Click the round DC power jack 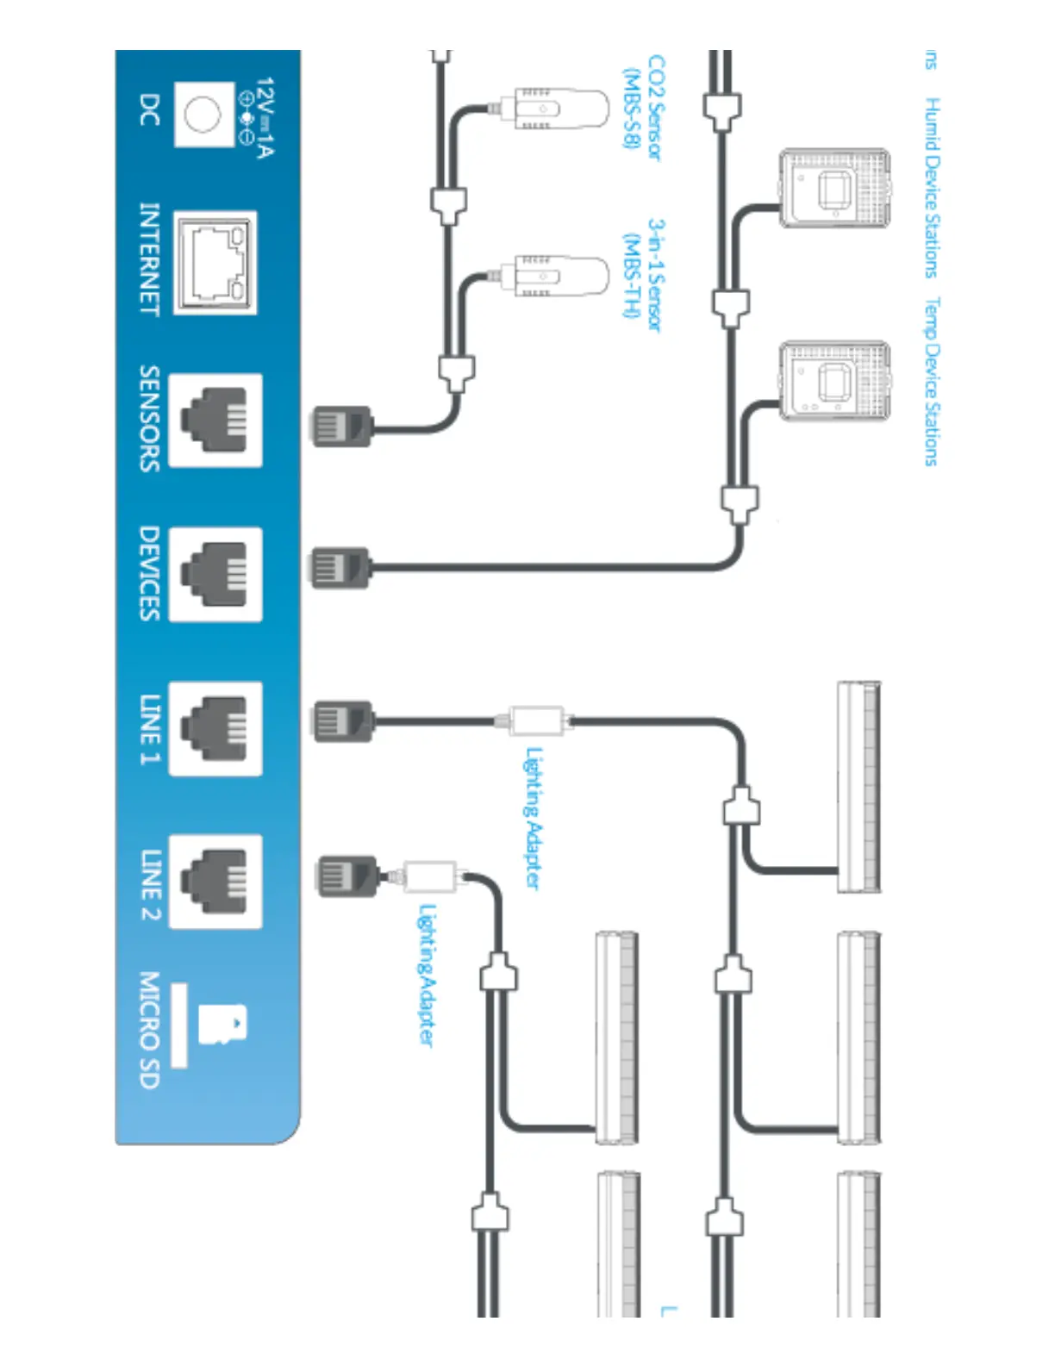pos(203,115)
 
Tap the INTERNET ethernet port pos(215,262)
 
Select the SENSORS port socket pos(215,421)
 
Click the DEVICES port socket pos(215,574)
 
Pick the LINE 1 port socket pos(215,728)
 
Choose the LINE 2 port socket pos(215,881)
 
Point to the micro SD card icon pos(222,1025)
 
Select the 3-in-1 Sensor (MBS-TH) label pos(643,274)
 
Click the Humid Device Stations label pos(932,187)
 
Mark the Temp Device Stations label pos(932,381)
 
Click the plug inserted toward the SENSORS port pos(341,426)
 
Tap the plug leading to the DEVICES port pos(340,567)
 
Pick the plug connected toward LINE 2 pos(346,876)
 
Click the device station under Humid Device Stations pos(834,189)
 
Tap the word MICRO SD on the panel pos(149,1030)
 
